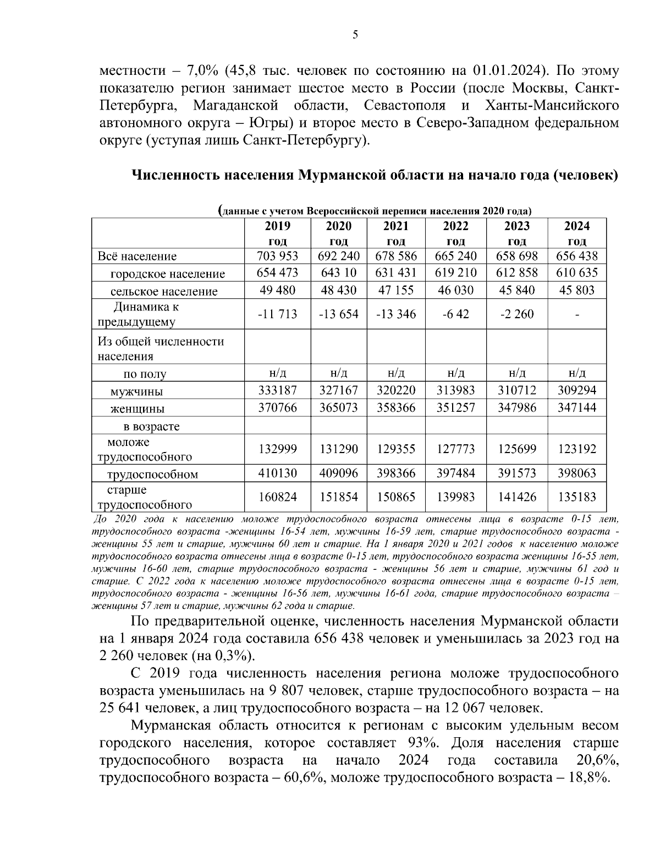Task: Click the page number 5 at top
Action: pyautogui.click(x=355, y=35)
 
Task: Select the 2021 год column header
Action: pyautogui.click(x=396, y=233)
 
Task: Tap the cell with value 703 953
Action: pyautogui.click(x=278, y=256)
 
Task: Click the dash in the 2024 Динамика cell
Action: pyautogui.click(x=576, y=314)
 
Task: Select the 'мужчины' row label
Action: pyautogui.click(x=136, y=392)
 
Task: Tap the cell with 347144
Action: pyautogui.click(x=576, y=409)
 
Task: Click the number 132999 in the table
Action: pyautogui.click(x=278, y=449)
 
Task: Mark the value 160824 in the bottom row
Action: pyautogui.click(x=278, y=497)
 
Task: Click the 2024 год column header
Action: pyautogui.click(x=576, y=233)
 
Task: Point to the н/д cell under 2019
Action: pyautogui.click(x=278, y=374)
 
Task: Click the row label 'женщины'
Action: pyautogui.click(x=137, y=409)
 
